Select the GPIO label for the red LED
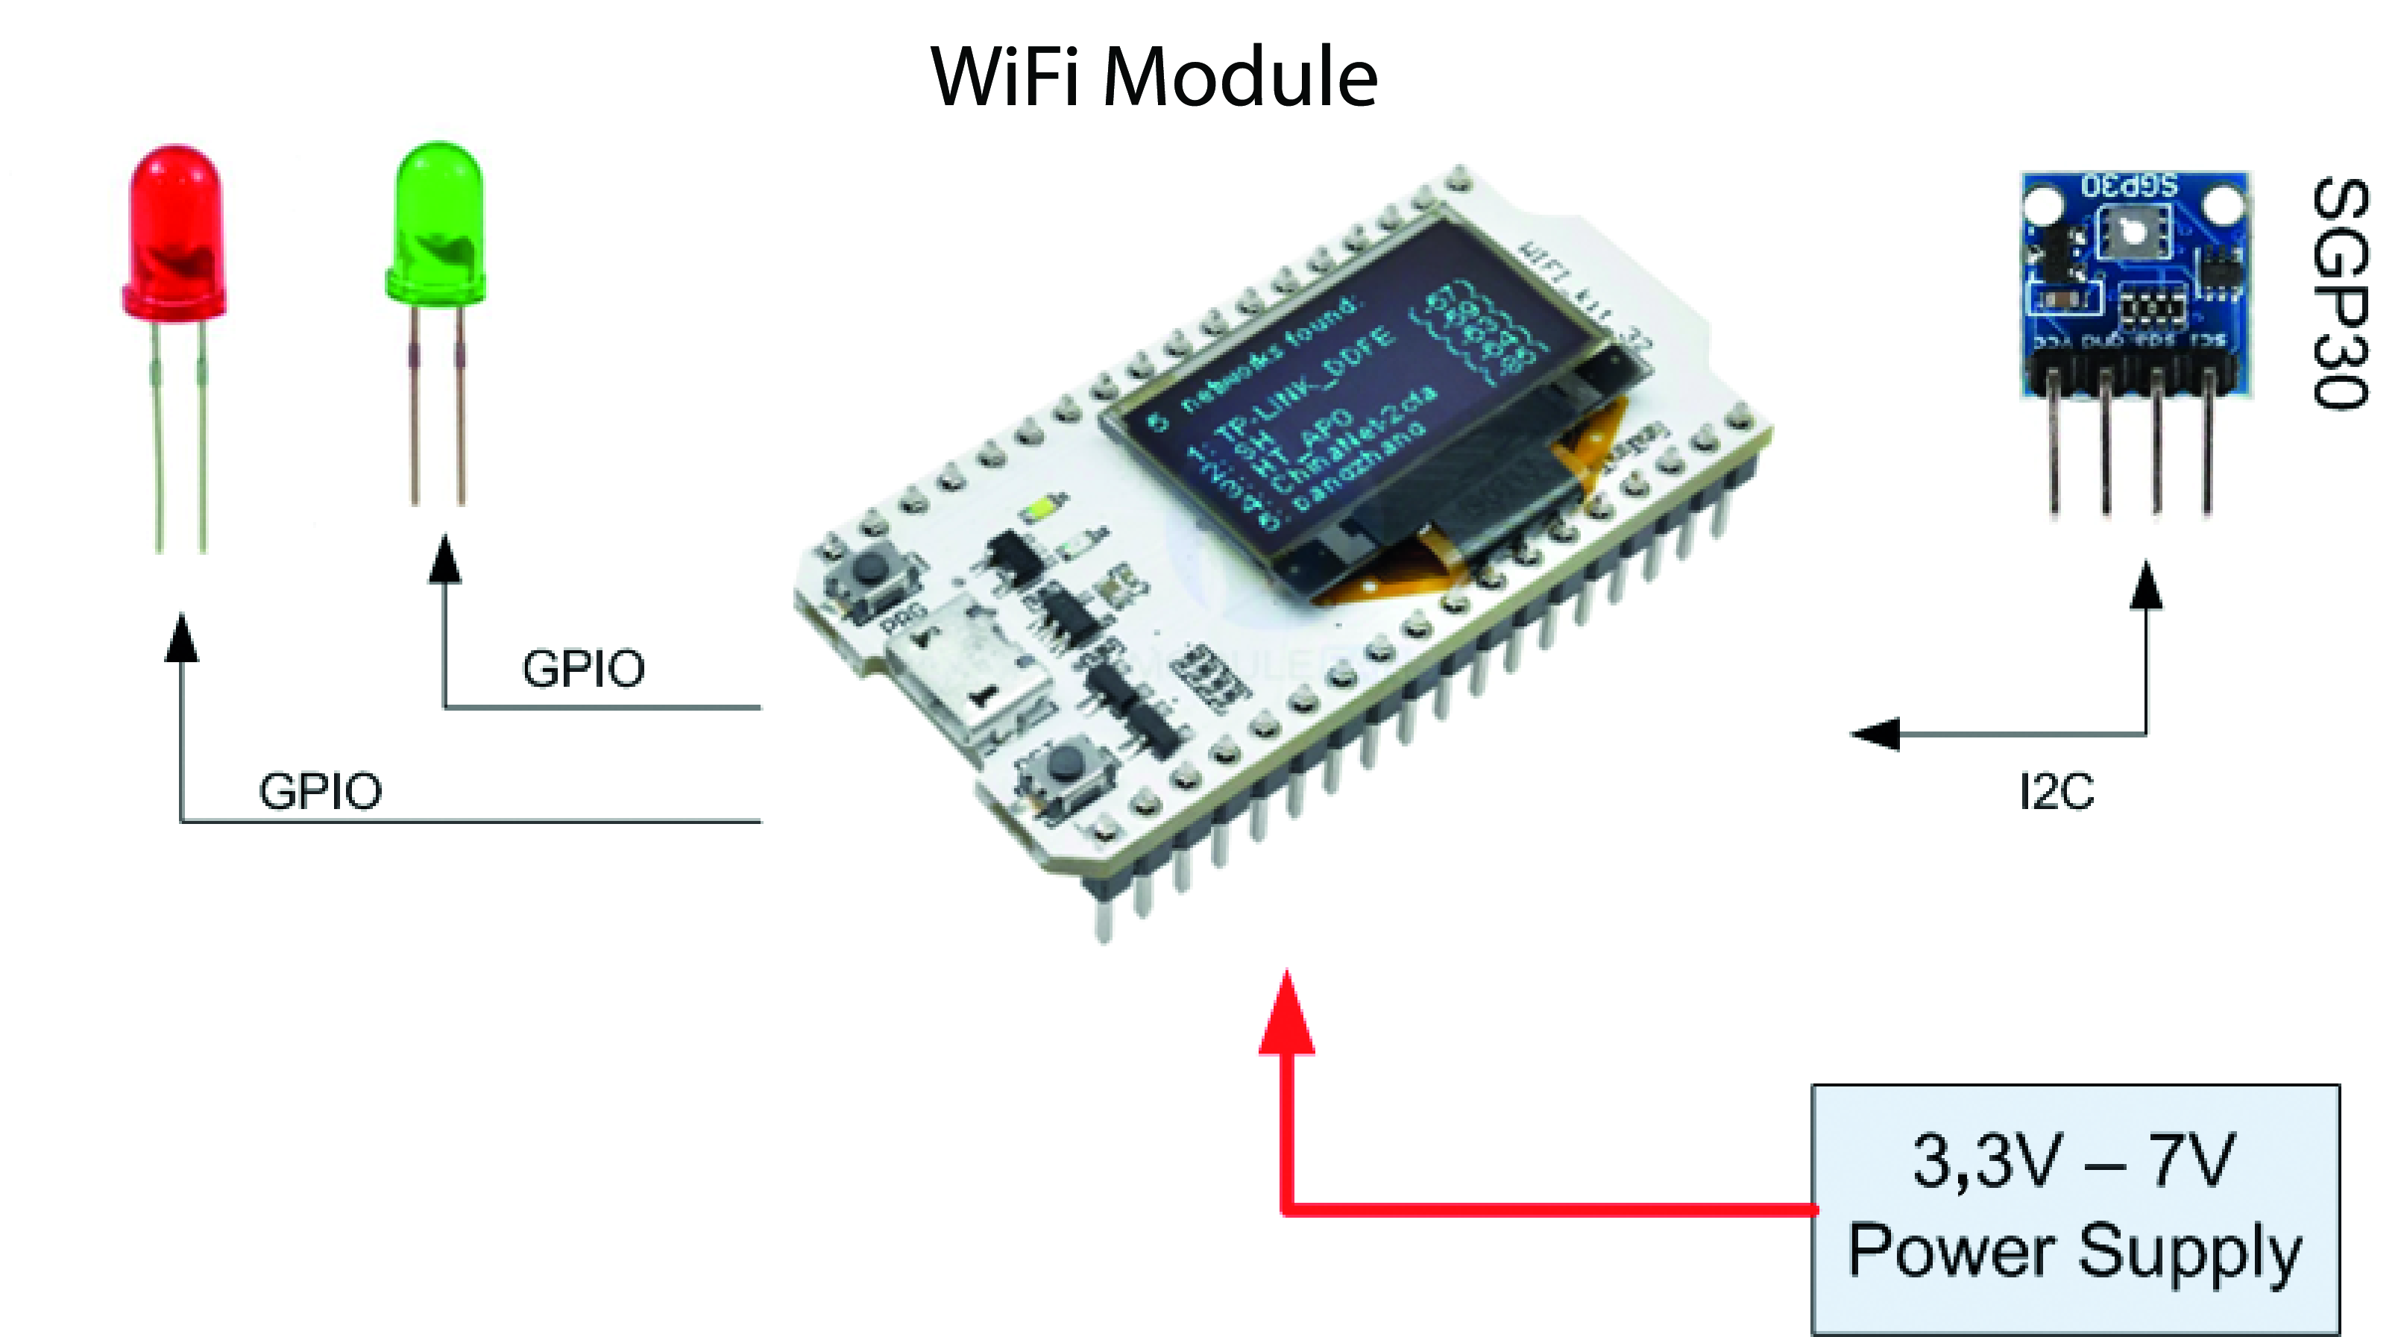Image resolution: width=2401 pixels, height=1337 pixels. [320, 792]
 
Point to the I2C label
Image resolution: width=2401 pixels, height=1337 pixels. [2057, 793]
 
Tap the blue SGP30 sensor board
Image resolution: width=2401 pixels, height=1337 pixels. [2134, 280]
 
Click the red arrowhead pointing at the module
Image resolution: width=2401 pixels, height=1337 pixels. [1287, 1016]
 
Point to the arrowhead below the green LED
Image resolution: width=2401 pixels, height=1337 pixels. [446, 559]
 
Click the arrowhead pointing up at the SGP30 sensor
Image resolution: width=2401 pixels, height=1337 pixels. [2147, 585]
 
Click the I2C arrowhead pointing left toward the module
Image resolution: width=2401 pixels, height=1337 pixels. [1875, 734]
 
